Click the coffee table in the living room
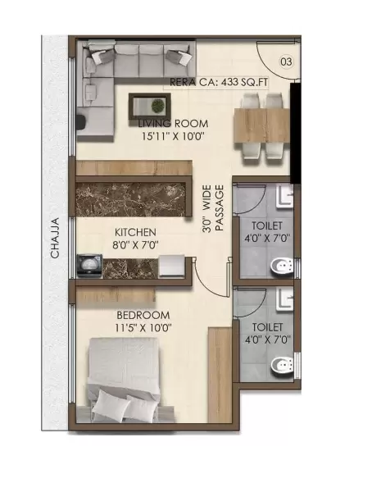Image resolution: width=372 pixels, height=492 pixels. [150, 104]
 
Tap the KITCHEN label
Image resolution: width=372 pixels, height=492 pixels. [135, 233]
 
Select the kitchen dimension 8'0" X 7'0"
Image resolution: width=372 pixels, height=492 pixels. [135, 245]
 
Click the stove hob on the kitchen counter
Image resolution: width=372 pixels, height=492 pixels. [88, 264]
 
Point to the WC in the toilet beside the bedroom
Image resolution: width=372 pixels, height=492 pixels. [282, 364]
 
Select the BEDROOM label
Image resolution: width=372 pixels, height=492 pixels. [144, 315]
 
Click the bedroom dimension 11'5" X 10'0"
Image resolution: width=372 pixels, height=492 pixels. [144, 328]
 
